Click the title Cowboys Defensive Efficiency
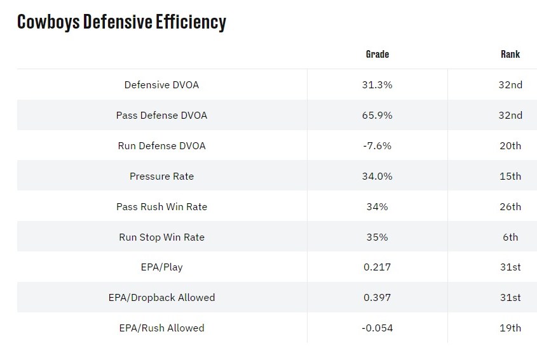click(121, 22)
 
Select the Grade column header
click(377, 54)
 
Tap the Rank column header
click(510, 54)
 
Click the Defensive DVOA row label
click(161, 84)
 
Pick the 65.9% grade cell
click(377, 115)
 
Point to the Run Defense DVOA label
click(161, 145)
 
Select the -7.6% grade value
click(377, 145)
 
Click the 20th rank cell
click(510, 145)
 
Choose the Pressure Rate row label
click(161, 176)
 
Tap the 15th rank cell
click(510, 176)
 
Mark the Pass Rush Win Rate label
click(161, 206)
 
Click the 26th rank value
click(510, 206)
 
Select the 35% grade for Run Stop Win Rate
click(377, 237)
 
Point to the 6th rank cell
click(510, 237)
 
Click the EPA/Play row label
click(161, 267)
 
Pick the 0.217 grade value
click(377, 267)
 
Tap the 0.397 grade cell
click(377, 297)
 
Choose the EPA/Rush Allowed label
click(161, 328)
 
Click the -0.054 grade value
click(377, 328)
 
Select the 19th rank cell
click(510, 328)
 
